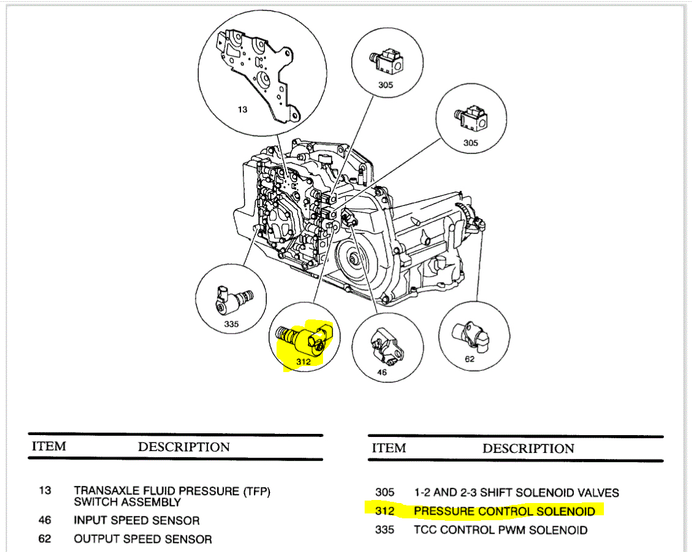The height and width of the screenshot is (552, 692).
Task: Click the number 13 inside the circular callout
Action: [x=243, y=110]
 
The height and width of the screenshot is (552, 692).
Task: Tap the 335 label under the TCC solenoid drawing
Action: [x=231, y=324]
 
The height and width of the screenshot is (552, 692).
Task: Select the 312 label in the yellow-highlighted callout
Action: [x=303, y=362]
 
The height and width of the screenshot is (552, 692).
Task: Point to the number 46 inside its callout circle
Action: [x=382, y=372]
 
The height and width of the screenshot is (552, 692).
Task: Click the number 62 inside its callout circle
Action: [x=469, y=359]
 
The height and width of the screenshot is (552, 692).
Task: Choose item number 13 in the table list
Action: [x=45, y=491]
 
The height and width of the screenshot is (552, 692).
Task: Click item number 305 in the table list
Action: [x=385, y=493]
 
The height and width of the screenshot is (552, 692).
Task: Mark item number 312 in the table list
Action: [x=385, y=511]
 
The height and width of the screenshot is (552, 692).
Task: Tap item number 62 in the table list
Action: [x=45, y=539]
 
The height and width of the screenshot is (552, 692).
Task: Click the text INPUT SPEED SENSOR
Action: [x=136, y=521]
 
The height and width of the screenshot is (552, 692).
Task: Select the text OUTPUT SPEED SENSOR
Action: [x=143, y=539]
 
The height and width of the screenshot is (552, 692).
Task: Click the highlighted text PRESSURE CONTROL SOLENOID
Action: [x=504, y=511]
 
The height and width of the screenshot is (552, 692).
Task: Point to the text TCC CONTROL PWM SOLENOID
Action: [x=500, y=530]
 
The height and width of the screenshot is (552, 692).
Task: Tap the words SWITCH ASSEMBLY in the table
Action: [x=127, y=502]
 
